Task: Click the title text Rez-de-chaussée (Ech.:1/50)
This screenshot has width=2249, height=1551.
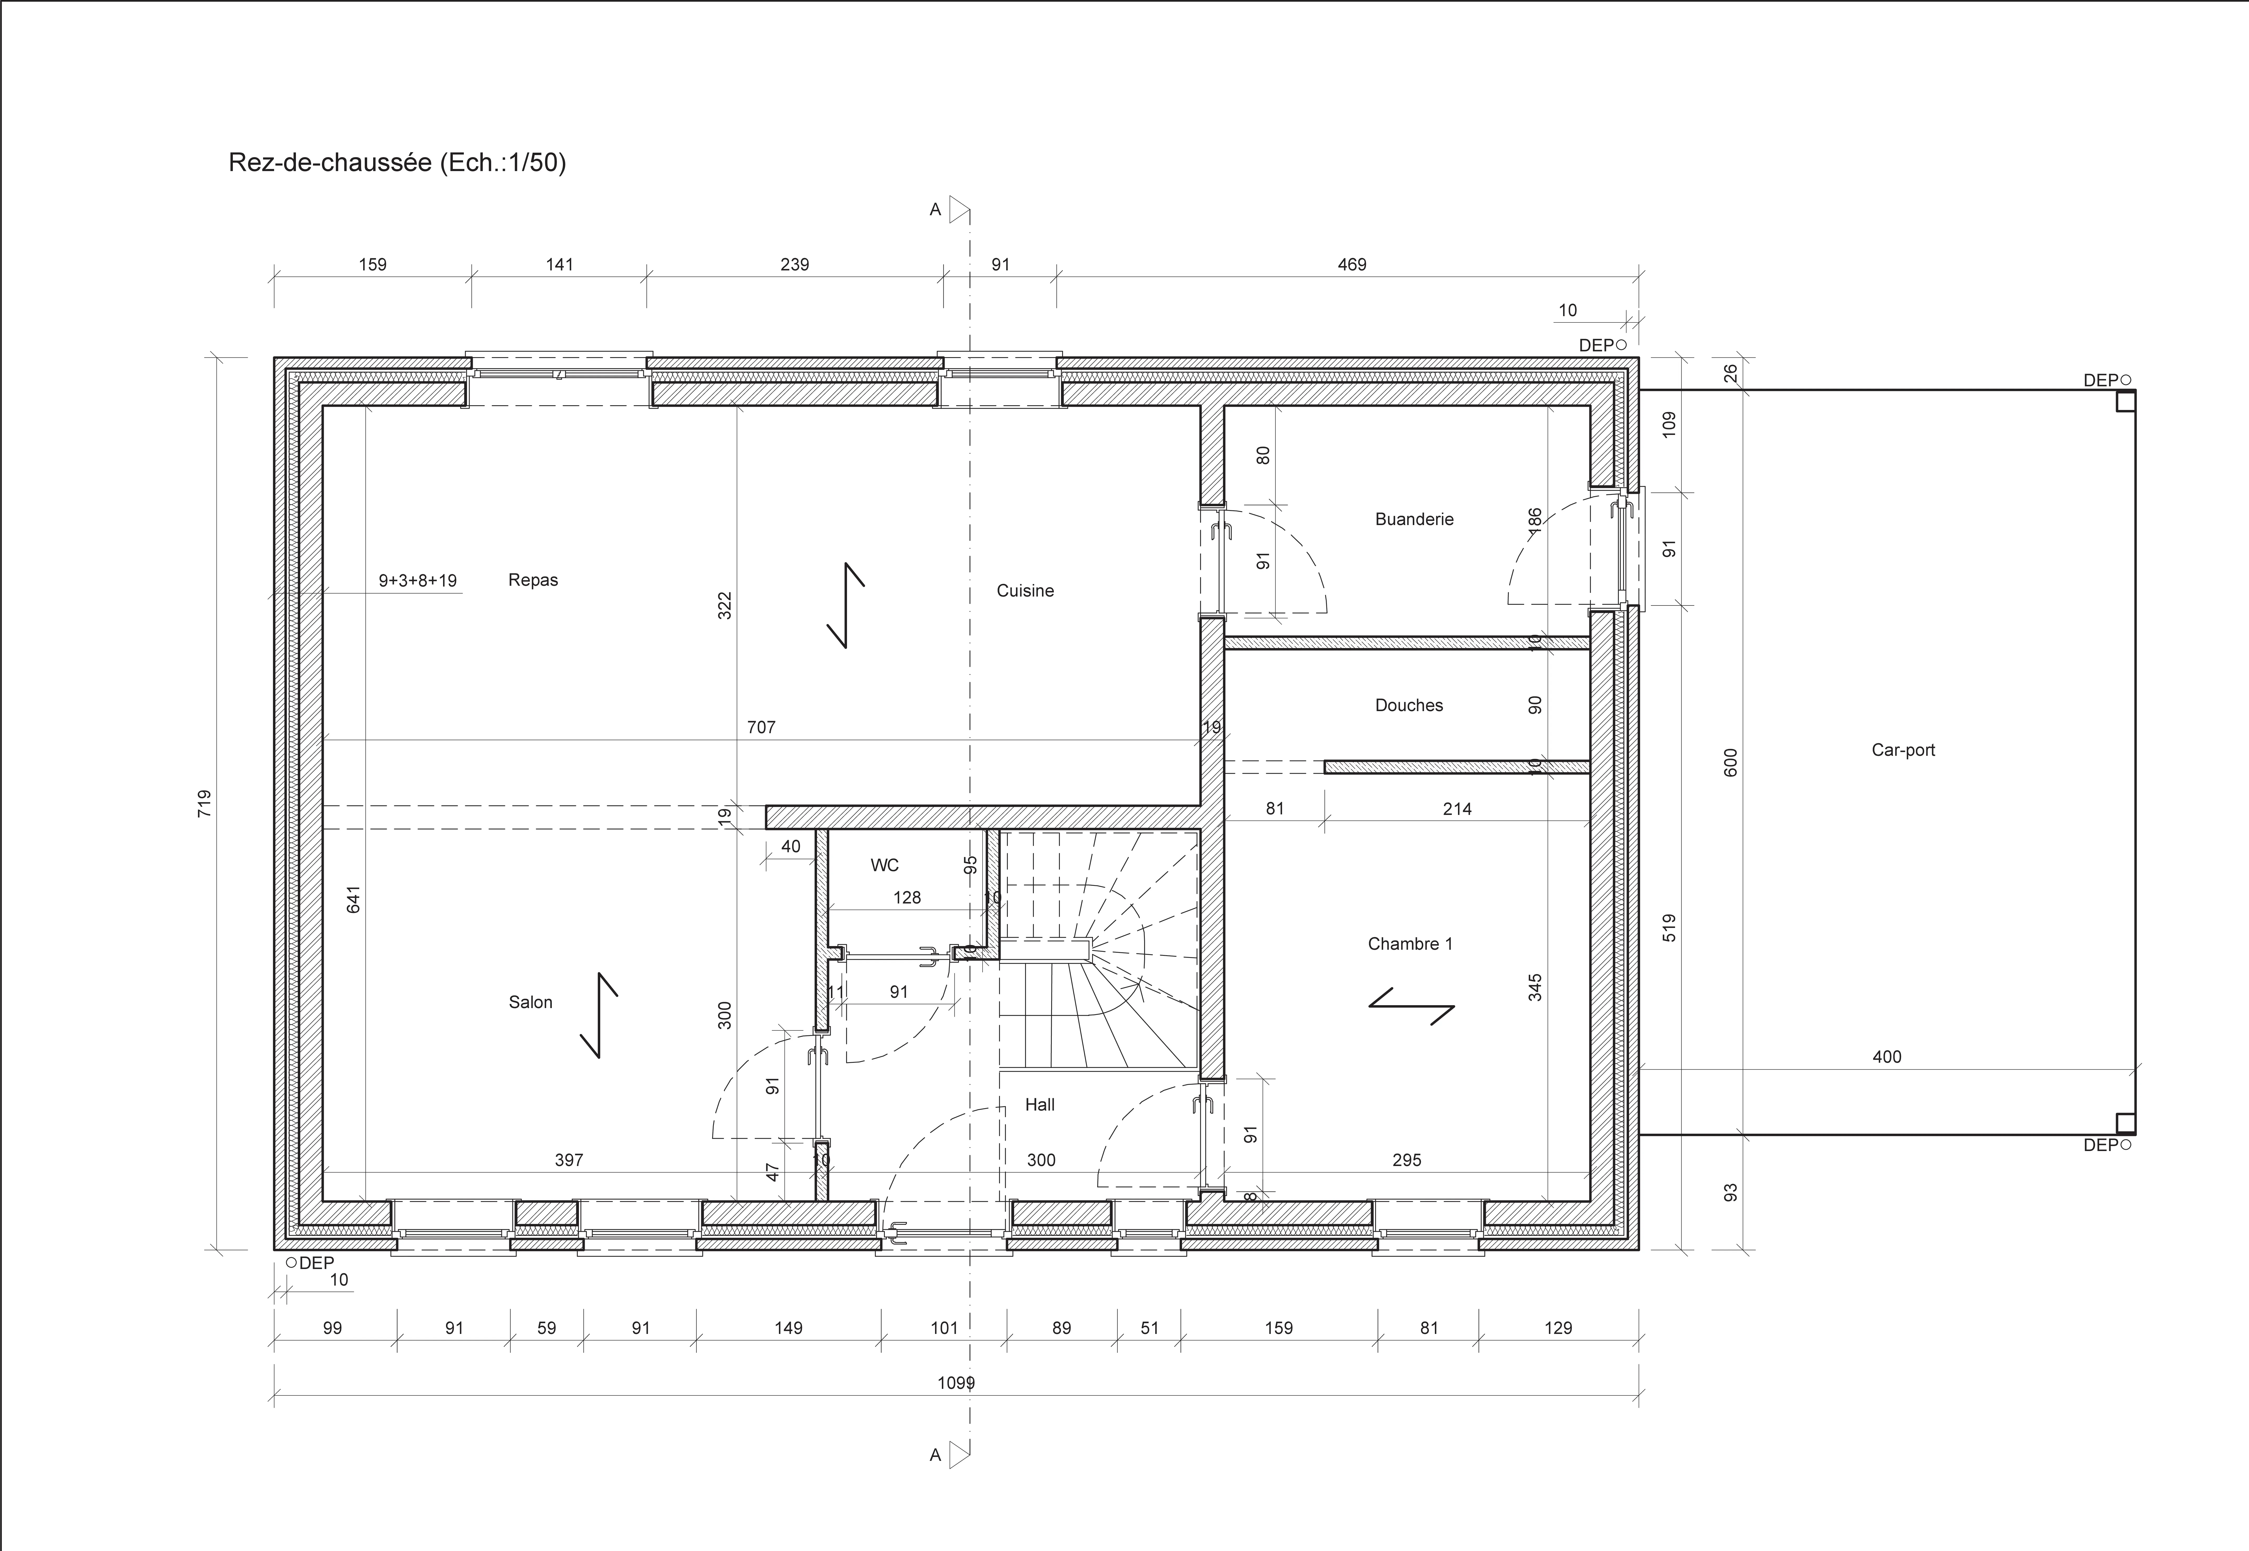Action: coord(397,162)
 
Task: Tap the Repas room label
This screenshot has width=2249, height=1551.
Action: coord(533,580)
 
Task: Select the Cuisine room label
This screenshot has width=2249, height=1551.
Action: coord(1024,591)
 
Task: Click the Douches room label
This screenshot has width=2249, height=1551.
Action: coord(1408,706)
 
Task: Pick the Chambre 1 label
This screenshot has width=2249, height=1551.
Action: coord(1409,944)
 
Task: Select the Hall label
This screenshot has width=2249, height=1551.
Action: coord(1039,1105)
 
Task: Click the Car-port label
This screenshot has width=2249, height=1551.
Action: coord(1902,750)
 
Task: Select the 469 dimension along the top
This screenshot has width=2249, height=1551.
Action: coord(1351,264)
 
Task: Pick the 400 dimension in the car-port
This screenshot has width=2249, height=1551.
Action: coord(1886,1056)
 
